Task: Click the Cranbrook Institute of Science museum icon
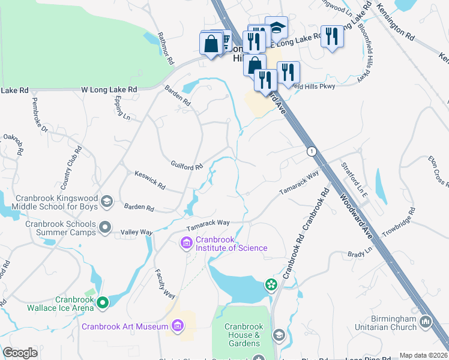coord(186,242)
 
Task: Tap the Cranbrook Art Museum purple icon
coord(177,326)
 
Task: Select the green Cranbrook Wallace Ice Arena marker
coord(103,304)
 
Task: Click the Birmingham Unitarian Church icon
coord(426,322)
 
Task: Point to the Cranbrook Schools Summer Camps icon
coord(105,227)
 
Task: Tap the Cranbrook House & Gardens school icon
coord(279,335)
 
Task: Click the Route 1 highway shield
coord(311,151)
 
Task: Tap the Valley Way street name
coord(137,232)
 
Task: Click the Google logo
coord(20,353)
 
